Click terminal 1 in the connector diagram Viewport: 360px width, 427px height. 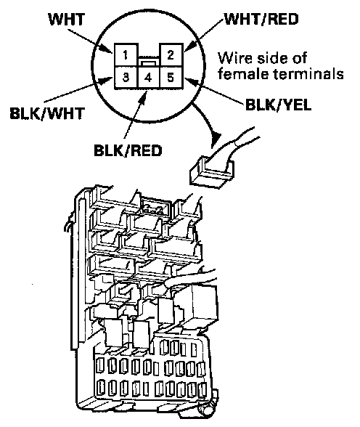point(126,54)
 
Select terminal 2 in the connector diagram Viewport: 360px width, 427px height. point(171,54)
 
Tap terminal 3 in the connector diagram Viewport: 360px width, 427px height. point(126,78)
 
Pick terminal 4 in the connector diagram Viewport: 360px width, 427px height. point(148,78)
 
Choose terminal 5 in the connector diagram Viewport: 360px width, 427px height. point(171,78)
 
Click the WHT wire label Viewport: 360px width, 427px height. point(66,20)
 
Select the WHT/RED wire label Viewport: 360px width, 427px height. point(261,19)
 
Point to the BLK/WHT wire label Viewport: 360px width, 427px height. point(47,113)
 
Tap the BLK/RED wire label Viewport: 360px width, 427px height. point(128,150)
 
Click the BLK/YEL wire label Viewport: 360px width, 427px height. point(278,105)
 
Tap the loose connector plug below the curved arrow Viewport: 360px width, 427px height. point(212,171)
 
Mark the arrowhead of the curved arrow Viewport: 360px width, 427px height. point(216,136)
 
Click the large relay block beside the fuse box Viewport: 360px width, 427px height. point(197,302)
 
